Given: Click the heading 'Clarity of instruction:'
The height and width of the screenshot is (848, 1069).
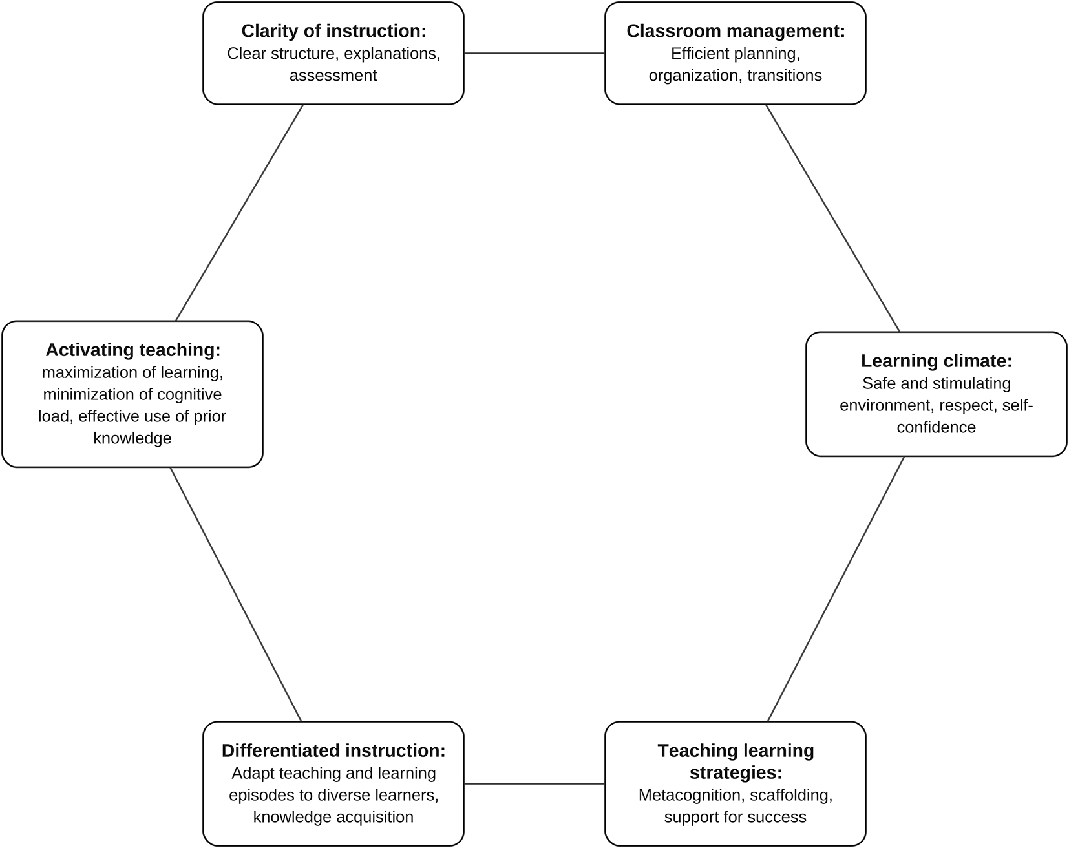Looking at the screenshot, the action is click(333, 31).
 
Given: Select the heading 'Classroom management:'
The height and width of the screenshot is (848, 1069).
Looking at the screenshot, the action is click(736, 31).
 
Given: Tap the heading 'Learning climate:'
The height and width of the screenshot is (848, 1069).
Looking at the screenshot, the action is click(936, 361).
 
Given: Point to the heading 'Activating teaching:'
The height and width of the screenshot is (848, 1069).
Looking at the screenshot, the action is click(132, 350).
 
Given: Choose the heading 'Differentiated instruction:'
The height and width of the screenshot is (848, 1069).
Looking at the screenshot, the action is click(333, 750).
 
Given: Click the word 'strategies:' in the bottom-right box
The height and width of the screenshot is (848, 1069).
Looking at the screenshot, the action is click(736, 773).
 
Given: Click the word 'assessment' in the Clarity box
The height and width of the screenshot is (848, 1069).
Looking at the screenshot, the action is click(333, 76).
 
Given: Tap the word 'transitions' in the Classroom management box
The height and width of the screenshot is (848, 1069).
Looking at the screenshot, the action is click(785, 76).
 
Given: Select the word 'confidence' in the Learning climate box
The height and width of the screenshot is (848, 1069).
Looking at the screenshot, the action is click(936, 427).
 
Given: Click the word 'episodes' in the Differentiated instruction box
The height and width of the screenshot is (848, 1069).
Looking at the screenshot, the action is click(259, 795).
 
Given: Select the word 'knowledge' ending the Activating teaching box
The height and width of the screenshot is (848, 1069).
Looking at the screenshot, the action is click(132, 438).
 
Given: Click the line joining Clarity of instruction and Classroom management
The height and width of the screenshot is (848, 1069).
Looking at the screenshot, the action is click(534, 53).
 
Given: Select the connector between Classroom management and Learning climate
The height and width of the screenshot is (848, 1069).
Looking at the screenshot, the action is click(832, 218).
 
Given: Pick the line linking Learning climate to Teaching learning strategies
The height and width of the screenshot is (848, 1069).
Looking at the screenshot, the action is click(836, 589).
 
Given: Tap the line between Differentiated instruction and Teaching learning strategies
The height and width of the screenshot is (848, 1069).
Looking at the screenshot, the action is click(534, 783).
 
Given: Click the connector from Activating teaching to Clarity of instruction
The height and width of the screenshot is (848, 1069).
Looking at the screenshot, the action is click(239, 213).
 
